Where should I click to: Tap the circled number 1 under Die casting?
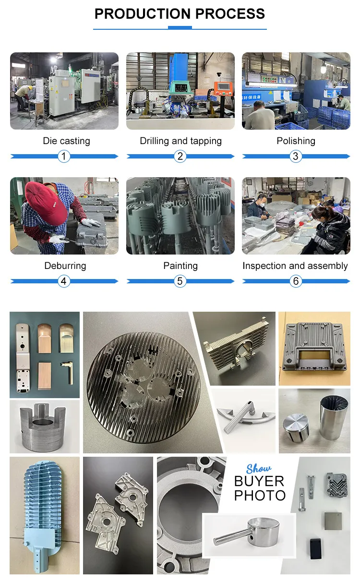click(64, 156)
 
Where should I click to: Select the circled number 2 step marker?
click(180, 156)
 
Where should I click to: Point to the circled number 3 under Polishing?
click(296, 156)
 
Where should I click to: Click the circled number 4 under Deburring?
click(64, 281)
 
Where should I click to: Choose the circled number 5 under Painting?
click(180, 281)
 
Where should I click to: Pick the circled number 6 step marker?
click(296, 281)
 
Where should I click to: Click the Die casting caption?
click(66, 141)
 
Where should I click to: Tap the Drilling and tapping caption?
click(180, 141)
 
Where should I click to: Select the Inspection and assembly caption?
click(295, 266)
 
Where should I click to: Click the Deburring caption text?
click(65, 266)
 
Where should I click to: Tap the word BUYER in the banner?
click(259, 481)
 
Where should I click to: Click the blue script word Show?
click(259, 468)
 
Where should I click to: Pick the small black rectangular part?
click(316, 548)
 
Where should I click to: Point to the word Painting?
click(180, 266)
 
